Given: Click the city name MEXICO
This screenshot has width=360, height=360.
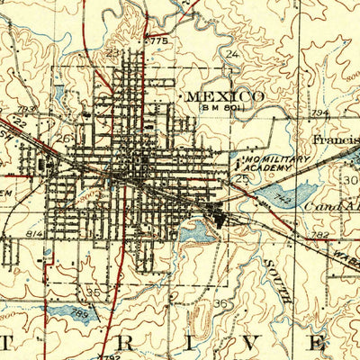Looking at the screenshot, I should pyautogui.click(x=224, y=95).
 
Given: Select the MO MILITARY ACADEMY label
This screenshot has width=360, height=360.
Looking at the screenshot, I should pyautogui.click(x=275, y=161).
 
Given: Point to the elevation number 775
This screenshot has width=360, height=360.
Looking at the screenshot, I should pyautogui.click(x=159, y=41).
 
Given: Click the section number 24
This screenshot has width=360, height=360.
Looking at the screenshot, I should pyautogui.click(x=232, y=55).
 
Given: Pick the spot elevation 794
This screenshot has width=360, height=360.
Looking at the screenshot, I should pyautogui.click(x=318, y=112).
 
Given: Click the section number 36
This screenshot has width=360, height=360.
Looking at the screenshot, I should pyautogui.click(x=221, y=303).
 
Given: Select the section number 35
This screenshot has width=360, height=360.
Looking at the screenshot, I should pyautogui.click(x=94, y=293).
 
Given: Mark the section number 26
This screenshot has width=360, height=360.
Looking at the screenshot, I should pyautogui.click(x=65, y=139).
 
